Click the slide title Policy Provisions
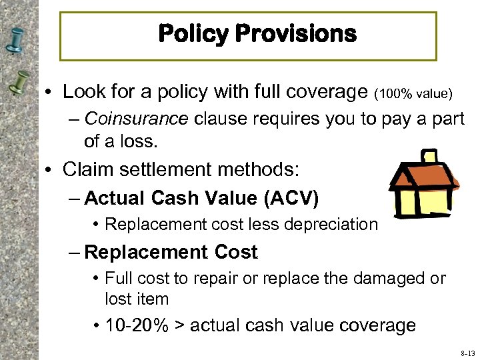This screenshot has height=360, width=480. tap(257, 33)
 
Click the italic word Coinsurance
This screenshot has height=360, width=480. tap(137, 119)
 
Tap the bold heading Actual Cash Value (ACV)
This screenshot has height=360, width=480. tap(202, 198)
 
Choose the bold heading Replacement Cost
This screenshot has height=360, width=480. tap(171, 252)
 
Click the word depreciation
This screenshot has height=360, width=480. tap(337, 225)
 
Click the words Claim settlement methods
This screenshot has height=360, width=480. tap(181, 169)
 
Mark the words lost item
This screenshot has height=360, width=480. tap(137, 299)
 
